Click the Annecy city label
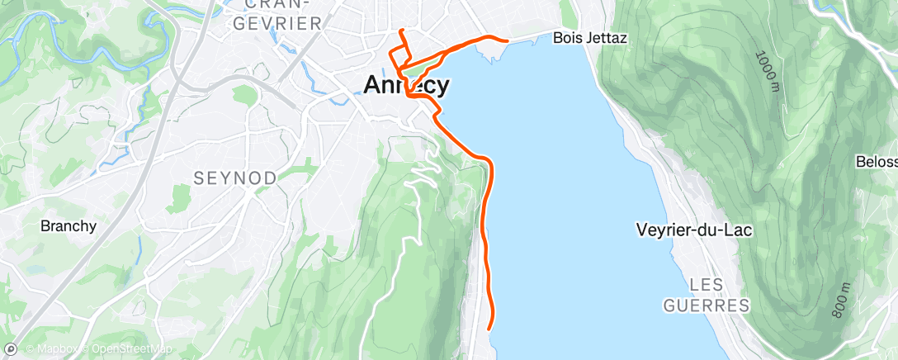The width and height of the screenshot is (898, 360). pos(407,85)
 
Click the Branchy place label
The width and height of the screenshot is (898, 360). pos(69,225)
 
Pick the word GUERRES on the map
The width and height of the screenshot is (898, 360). pos(707,306)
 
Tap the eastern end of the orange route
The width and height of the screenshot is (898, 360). pos(507,39)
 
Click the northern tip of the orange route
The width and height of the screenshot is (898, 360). pos(401,31)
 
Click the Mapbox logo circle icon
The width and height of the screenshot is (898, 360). pos(11,349)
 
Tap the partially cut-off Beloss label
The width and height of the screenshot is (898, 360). pos(876,161)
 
